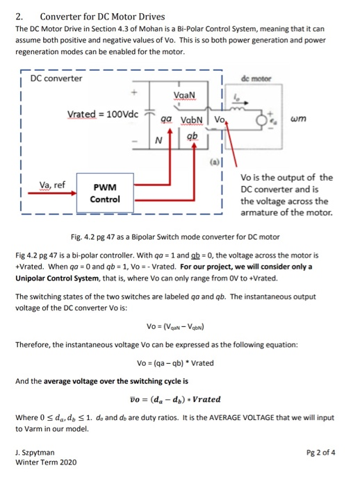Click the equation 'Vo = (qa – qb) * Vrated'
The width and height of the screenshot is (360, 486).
180,362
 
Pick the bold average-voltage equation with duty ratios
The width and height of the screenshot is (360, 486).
180,399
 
